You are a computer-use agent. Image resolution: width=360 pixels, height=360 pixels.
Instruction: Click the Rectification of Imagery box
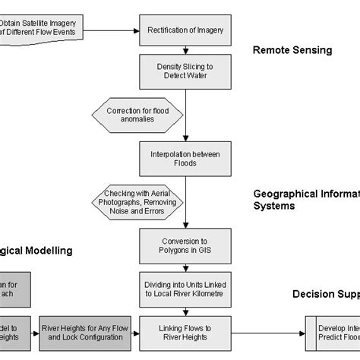click(185, 30)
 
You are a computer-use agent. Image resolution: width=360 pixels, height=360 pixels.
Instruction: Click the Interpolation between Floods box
click(185, 159)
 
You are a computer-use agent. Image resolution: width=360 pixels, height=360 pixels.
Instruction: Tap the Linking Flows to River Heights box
click(185, 331)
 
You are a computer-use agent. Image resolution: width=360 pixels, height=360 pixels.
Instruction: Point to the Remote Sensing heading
click(292, 51)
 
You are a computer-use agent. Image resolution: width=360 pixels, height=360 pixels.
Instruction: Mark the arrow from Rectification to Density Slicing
click(185, 51)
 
